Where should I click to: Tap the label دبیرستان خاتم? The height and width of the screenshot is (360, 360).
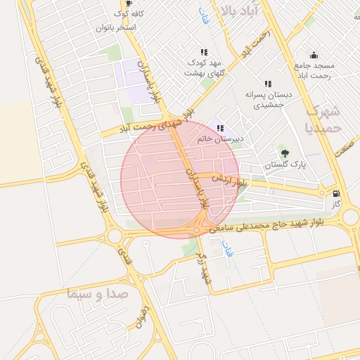220,139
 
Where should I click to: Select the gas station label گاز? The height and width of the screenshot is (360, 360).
337,203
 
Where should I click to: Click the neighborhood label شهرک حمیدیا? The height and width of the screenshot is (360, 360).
323,120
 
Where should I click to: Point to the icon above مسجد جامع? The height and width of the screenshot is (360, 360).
314,56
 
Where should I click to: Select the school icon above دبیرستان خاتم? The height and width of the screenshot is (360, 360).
220,128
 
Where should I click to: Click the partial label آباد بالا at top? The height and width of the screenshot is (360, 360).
239,10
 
